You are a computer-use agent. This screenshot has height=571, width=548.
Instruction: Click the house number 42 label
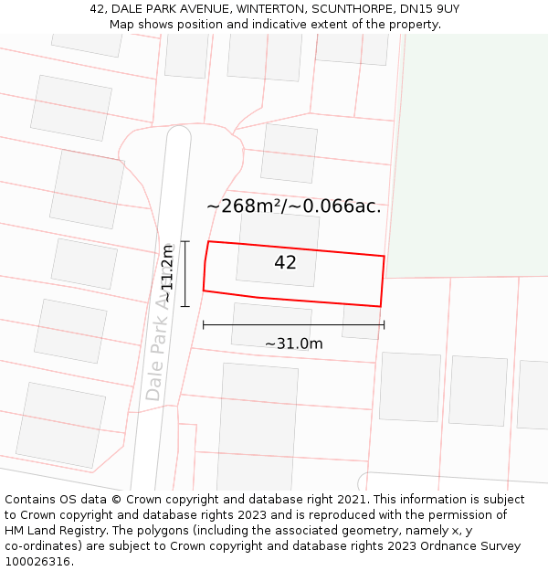285,263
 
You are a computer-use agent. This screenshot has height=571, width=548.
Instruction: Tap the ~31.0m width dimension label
294,344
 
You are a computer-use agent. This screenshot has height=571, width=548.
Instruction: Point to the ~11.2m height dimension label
167,273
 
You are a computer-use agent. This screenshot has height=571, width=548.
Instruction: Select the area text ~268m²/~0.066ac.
293,206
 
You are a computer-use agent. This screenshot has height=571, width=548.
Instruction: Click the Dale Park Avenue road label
161,347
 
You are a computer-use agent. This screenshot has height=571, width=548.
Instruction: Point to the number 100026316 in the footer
37,562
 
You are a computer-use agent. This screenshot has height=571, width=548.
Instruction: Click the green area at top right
470,155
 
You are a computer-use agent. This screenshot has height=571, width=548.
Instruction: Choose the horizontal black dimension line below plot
293,324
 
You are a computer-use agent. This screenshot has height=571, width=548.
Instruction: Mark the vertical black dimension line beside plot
184,273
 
